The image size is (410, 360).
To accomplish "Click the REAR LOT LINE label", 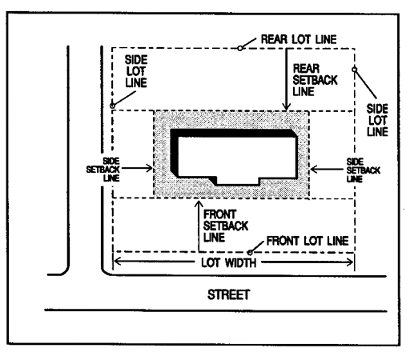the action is pyautogui.click(x=299, y=39).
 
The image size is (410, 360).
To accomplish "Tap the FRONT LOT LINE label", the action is pyautogui.click(x=307, y=241).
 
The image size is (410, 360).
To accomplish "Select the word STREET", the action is pyautogui.click(x=228, y=294).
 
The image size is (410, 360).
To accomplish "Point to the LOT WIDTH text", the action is pyautogui.click(x=229, y=263).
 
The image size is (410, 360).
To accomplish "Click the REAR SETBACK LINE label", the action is pyautogui.click(x=315, y=80).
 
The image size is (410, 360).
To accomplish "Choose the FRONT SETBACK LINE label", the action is pyautogui.click(x=226, y=226).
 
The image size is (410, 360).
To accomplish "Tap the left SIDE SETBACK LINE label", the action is pyautogui.click(x=103, y=170).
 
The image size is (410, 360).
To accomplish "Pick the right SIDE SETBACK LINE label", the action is pyautogui.click(x=364, y=170).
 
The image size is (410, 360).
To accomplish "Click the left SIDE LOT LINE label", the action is pyautogui.click(x=136, y=71).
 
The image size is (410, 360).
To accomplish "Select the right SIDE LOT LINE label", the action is pyautogui.click(x=377, y=120).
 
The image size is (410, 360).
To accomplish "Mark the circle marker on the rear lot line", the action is pyautogui.click(x=240, y=48).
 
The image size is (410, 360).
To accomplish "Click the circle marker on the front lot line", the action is pyautogui.click(x=250, y=252).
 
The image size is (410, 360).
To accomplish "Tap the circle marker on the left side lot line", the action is pyautogui.click(x=113, y=106).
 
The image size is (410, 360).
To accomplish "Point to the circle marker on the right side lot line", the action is pyautogui.click(x=354, y=70).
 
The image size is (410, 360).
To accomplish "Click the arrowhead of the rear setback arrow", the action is pyautogui.click(x=286, y=107).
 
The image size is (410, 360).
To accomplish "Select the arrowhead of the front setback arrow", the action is pyautogui.click(x=199, y=204).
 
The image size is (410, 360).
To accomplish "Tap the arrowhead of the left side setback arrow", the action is pyautogui.click(x=149, y=168).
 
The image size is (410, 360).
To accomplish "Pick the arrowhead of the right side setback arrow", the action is pyautogui.click(x=314, y=169).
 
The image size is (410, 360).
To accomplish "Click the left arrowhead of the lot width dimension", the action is pyautogui.click(x=118, y=262).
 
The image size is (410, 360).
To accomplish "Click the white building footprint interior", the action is pyautogui.click(x=237, y=158).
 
